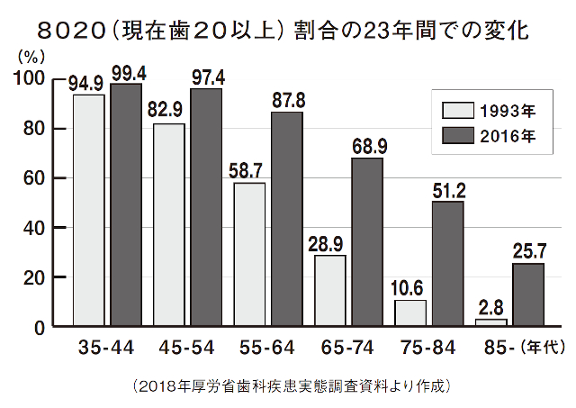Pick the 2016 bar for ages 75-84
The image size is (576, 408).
click(x=448, y=264)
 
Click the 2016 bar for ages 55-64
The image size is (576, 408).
click(x=288, y=219)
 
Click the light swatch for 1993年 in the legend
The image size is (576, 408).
click(x=457, y=113)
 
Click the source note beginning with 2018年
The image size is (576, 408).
click(x=289, y=386)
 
